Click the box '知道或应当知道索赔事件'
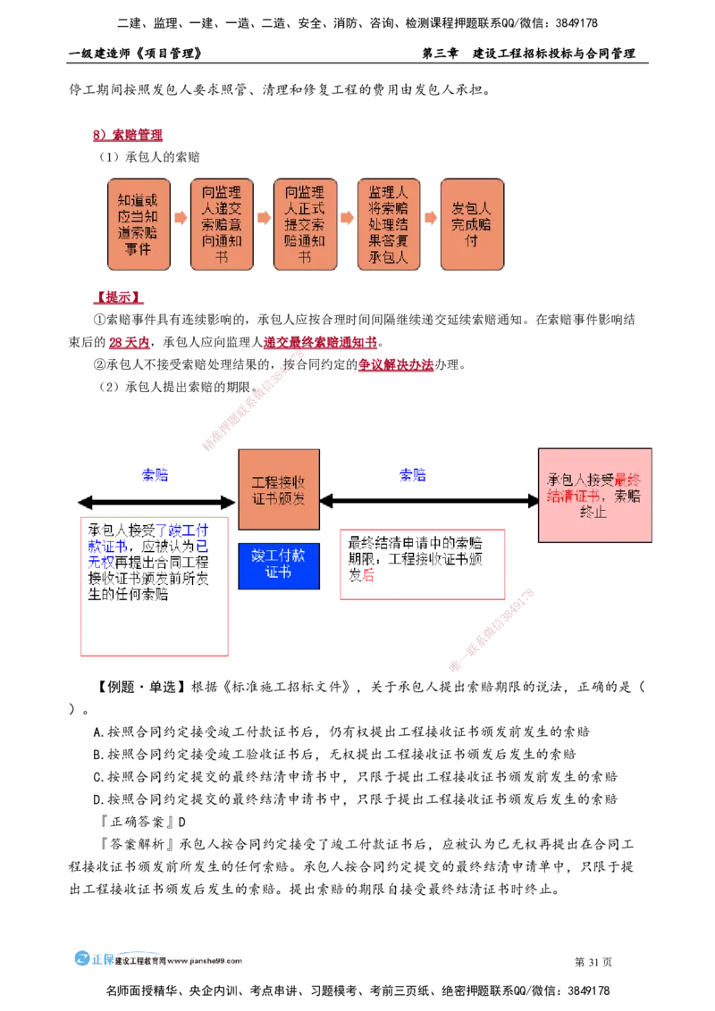tap(139, 224)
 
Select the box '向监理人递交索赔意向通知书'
tap(222, 224)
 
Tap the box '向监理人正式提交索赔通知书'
tap(305, 224)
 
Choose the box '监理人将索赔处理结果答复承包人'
tap(388, 224)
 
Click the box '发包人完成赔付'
tap(472, 224)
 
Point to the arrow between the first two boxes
tap(180, 217)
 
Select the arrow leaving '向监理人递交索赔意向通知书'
tap(264, 217)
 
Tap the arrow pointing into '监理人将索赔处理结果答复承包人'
tap(347, 217)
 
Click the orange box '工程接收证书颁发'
tap(279, 489)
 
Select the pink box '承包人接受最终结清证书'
tap(594, 495)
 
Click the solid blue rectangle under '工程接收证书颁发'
tap(279, 565)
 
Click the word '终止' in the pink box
tap(594, 513)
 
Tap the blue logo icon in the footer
tap(82, 957)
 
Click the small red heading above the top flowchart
tap(127, 136)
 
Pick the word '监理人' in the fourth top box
tap(388, 192)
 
